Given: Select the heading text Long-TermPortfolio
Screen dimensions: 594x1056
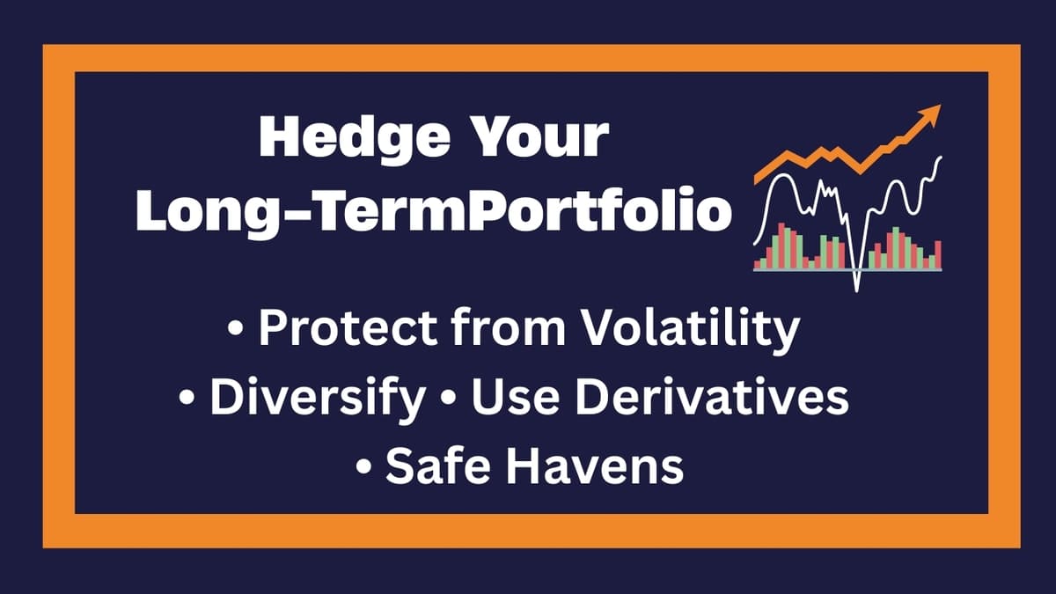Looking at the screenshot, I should (x=434, y=212).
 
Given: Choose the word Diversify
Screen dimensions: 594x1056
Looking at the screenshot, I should (x=317, y=398).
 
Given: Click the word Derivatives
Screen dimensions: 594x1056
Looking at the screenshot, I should (x=704, y=398).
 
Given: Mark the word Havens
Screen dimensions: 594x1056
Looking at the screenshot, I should (x=597, y=466).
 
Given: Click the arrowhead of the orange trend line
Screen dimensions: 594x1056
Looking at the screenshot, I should (x=932, y=114).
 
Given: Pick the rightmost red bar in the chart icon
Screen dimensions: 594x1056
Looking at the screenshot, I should (x=938, y=254).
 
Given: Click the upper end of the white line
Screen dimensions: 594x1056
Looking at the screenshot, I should (x=941, y=158).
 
